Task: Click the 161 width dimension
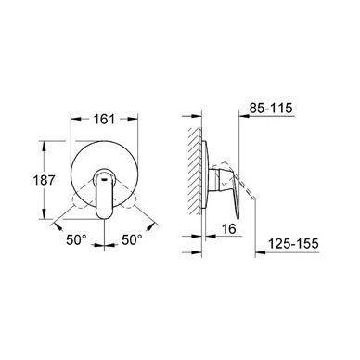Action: point(104,119)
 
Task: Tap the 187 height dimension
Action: point(44,180)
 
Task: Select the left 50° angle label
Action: point(77,239)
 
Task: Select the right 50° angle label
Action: point(132,239)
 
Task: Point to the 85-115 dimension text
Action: point(271,109)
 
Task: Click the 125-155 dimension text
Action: point(293,244)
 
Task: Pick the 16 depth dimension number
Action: point(229,229)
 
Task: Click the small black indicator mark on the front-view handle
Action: point(105,178)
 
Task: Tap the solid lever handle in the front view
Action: point(105,194)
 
